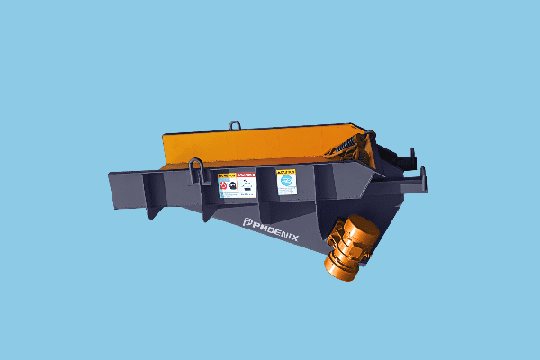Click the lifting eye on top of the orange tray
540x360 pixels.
click(x=236, y=124)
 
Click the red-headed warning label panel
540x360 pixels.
click(x=246, y=184)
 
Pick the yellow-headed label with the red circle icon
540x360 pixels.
click(x=226, y=185)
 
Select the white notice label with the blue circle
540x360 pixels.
click(x=286, y=181)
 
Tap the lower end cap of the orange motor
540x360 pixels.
click(x=338, y=267)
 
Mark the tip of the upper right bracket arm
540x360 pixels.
click(x=415, y=152)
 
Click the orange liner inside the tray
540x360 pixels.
click(x=261, y=144)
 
